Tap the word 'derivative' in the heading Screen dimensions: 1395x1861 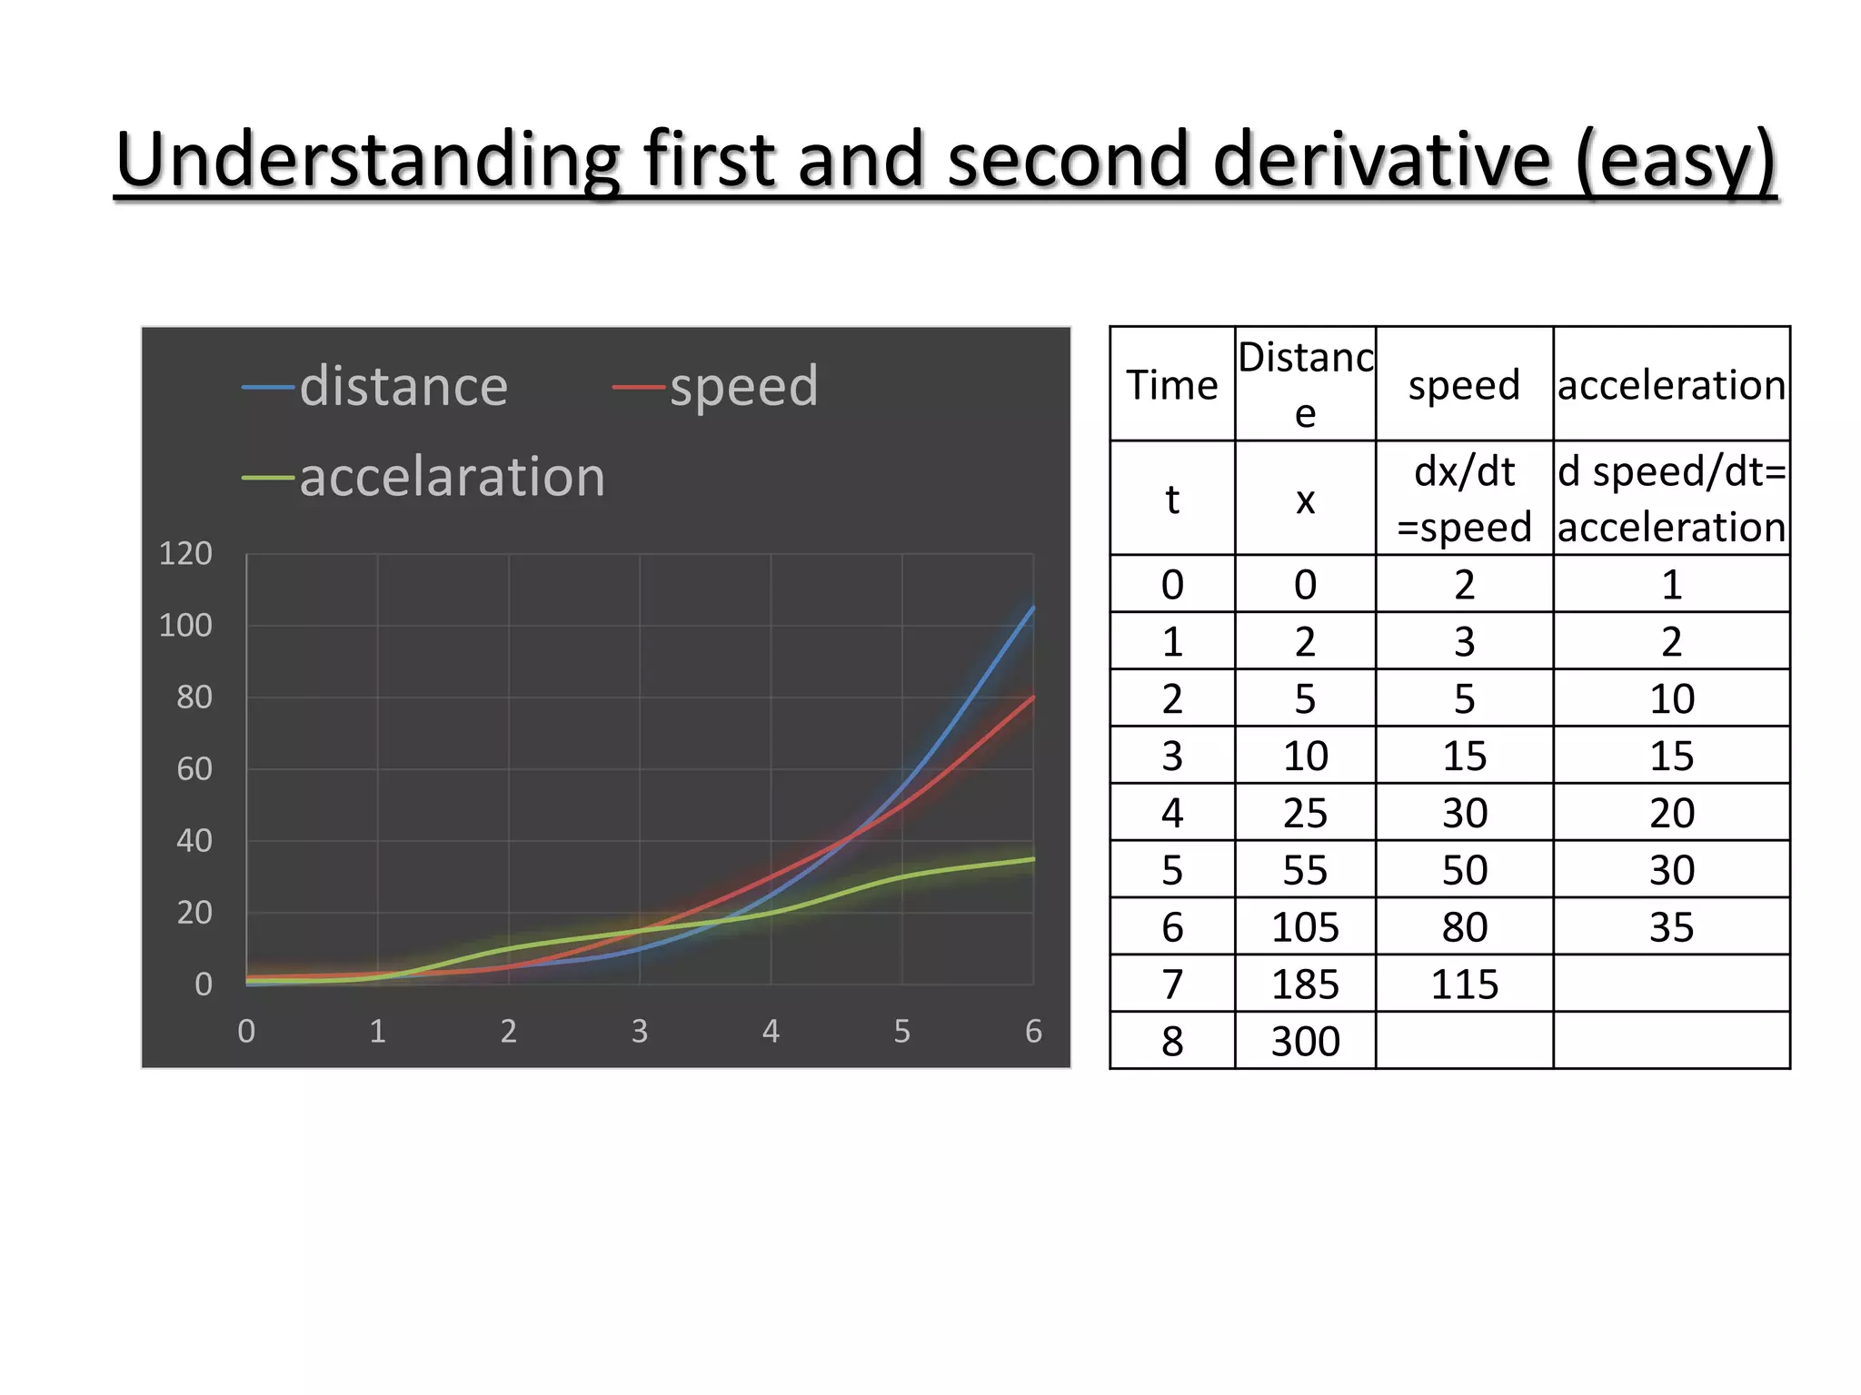click(1381, 160)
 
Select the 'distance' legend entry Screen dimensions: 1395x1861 click(403, 387)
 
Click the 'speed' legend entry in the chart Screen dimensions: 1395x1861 click(743, 387)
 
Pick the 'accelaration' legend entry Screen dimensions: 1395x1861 click(452, 477)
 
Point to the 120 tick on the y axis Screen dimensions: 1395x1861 click(185, 554)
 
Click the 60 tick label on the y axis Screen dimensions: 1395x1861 click(194, 769)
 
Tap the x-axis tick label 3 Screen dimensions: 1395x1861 click(640, 1032)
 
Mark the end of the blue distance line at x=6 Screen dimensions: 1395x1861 click(1033, 608)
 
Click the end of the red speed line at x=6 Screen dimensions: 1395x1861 click(1033, 697)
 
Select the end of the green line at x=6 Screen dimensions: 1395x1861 click(1033, 859)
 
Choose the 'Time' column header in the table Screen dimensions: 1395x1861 click(1171, 385)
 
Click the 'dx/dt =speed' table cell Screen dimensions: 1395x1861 click(1464, 499)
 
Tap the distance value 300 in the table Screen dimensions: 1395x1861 click(1305, 1042)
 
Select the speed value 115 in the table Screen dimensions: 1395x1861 click(1464, 984)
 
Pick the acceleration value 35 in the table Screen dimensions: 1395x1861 click(1671, 927)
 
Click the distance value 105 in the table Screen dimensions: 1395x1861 click(1305, 927)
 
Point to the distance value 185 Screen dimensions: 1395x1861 click(1305, 984)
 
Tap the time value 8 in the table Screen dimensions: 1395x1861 click(1172, 1042)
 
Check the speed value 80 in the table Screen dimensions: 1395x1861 click(1464, 927)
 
